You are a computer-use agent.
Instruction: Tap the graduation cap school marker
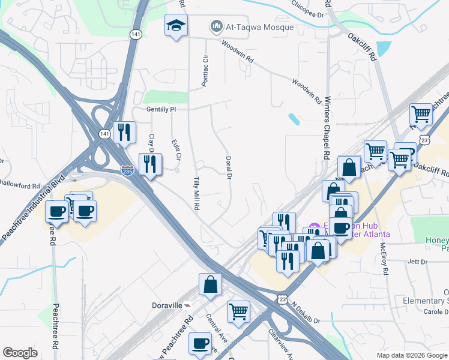tap(176, 26)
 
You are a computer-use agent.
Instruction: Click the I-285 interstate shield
tap(127, 170)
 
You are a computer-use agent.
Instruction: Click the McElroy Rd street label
tap(383, 255)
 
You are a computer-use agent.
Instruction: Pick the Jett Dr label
tap(417, 262)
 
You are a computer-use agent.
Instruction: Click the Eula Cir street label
tap(175, 151)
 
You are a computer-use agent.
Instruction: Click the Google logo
tap(20, 353)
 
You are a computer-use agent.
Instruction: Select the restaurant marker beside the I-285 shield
tap(150, 163)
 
